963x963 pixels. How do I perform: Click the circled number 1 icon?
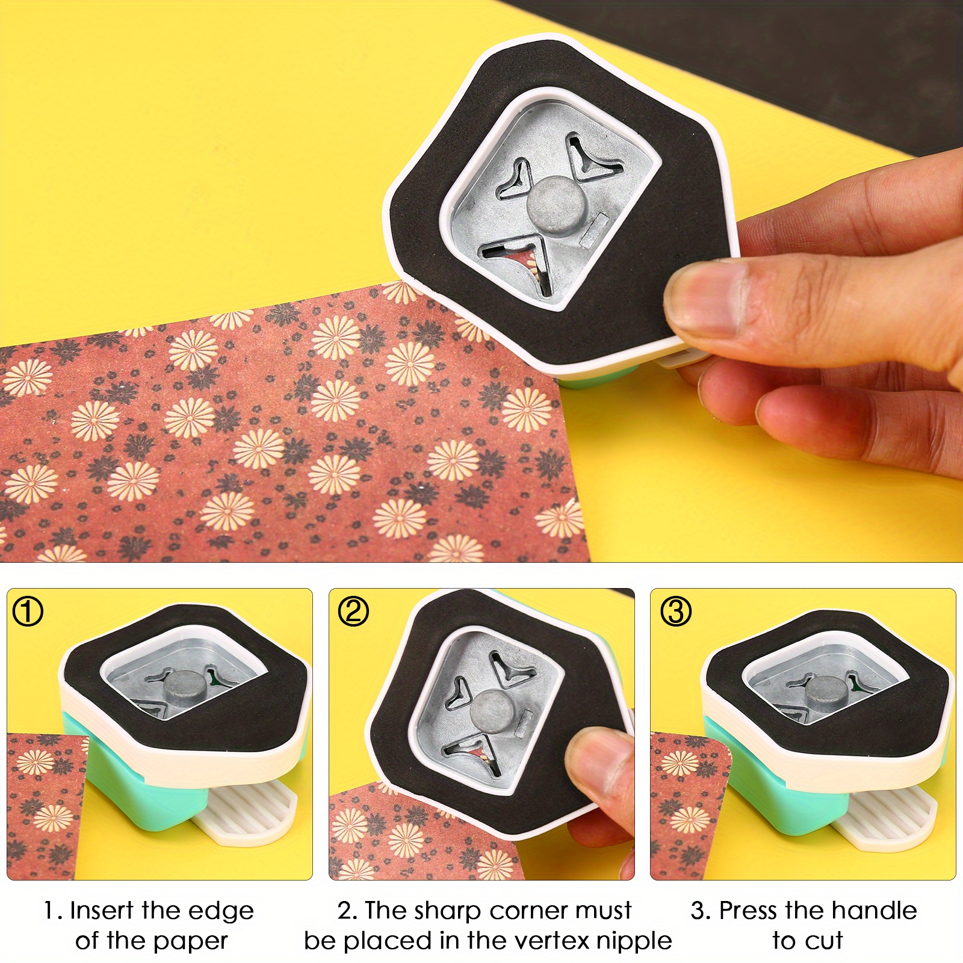(x=28, y=612)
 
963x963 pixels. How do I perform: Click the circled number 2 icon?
(x=353, y=612)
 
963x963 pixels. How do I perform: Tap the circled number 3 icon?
(x=676, y=612)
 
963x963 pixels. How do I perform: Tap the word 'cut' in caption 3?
(x=826, y=940)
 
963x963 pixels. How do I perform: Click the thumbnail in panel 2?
(x=593, y=760)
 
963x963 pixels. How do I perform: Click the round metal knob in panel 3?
(x=825, y=692)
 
